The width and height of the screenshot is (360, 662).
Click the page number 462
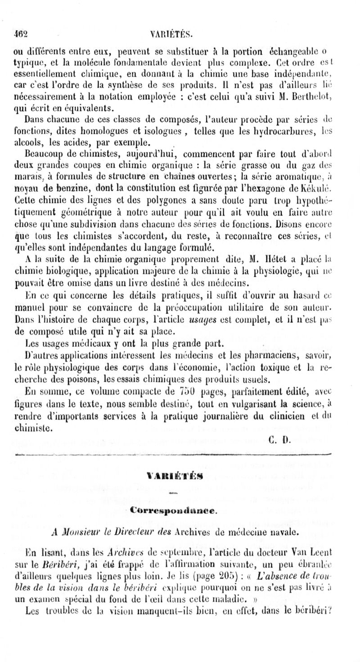pyautogui.click(x=21, y=32)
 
